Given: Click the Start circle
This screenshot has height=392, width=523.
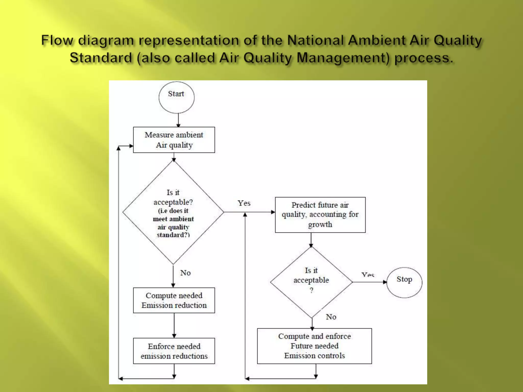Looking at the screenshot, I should pos(176,97).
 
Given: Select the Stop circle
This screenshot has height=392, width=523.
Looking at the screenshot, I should pos(404,283).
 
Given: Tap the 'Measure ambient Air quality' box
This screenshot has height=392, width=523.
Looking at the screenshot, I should pos(174,140).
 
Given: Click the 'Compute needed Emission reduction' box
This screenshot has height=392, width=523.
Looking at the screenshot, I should pos(174,300).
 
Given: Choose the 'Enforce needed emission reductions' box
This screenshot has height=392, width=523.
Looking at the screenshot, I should pos(174,351).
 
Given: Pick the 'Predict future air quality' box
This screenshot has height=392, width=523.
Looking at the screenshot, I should pos(320,215).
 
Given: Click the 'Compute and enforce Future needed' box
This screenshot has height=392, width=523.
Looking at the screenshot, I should pos(314,346).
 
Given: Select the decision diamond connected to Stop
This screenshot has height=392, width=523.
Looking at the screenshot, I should pos(311,282).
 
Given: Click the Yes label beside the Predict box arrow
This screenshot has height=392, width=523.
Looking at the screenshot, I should pos(244,203).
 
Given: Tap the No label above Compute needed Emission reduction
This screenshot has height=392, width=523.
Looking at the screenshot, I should pos(185,273).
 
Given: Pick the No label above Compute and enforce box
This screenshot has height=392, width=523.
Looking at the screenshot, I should pos(331,317).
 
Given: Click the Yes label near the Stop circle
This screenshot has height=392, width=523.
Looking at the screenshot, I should pos(368,275).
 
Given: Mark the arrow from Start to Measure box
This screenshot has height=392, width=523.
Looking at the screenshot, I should pos(178,120).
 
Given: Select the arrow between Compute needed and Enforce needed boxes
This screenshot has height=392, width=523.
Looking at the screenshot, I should pos(174,325).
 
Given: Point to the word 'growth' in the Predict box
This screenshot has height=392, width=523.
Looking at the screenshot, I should pos(320,225).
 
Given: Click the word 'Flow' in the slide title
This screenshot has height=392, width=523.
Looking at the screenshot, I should pos(57,40).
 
